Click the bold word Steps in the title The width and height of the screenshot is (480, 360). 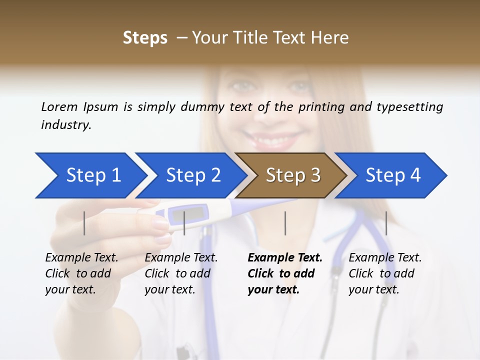click(145, 38)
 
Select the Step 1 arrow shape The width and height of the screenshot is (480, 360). click(90, 175)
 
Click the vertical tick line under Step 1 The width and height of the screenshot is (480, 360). click(84, 223)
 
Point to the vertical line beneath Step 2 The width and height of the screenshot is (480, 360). click(184, 223)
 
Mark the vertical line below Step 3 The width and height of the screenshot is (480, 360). click(285, 223)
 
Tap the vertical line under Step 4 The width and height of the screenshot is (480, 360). click(386, 223)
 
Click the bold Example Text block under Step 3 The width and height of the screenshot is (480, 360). click(284, 273)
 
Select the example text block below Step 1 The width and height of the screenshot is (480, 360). click(81, 273)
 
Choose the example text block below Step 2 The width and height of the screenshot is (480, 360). click(181, 273)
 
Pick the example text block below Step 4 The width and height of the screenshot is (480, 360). click(385, 273)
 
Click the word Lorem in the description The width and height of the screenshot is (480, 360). click(59, 107)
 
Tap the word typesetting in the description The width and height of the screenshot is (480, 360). click(409, 107)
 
